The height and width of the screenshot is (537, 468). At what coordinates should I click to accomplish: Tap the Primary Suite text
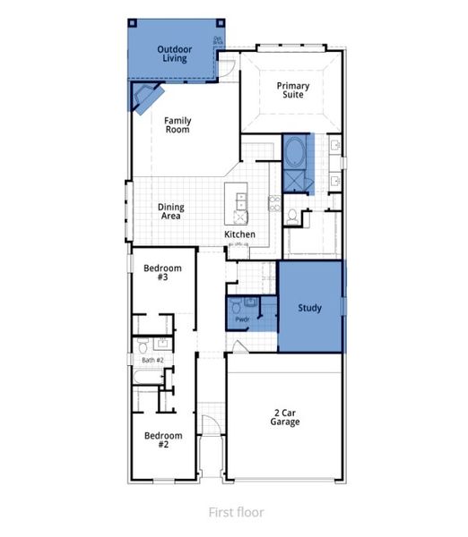tap(293, 90)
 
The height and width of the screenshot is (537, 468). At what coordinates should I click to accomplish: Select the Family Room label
tap(178, 125)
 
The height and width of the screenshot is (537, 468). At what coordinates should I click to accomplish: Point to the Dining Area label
tap(170, 211)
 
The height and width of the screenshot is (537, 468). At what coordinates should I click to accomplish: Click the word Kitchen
tap(239, 234)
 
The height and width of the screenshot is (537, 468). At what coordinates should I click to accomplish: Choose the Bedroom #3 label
tap(163, 273)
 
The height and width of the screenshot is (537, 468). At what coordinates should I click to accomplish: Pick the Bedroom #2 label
tap(163, 439)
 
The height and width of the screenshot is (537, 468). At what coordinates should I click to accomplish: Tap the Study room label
tap(310, 308)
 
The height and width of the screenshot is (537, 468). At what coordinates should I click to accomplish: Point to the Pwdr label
tap(241, 320)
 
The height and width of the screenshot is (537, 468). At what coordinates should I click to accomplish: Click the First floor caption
tap(236, 513)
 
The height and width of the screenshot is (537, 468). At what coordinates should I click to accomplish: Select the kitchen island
tap(240, 206)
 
